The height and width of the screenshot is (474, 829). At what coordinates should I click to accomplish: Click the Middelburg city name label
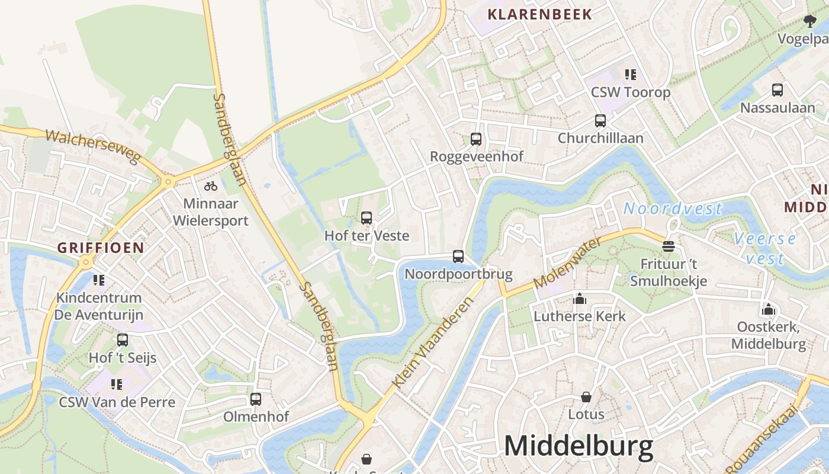pyautogui.click(x=579, y=446)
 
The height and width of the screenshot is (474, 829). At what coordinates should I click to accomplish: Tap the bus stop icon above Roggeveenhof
pyautogui.click(x=475, y=139)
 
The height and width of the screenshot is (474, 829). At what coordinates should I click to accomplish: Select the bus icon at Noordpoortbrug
pyautogui.click(x=458, y=257)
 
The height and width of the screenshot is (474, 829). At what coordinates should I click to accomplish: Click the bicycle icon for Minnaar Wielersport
pyautogui.click(x=211, y=186)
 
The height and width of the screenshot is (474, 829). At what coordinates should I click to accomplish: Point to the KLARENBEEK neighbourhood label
pyautogui.click(x=539, y=14)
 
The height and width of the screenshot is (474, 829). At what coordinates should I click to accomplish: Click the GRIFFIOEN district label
pyautogui.click(x=101, y=248)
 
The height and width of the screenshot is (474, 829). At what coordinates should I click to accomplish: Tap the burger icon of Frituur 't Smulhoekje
pyautogui.click(x=669, y=246)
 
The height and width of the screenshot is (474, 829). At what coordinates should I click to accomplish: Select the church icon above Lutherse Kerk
pyautogui.click(x=579, y=299)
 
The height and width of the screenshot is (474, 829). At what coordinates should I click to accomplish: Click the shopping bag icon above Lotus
pyautogui.click(x=586, y=396)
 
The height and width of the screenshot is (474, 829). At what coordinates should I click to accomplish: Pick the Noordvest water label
pyautogui.click(x=673, y=209)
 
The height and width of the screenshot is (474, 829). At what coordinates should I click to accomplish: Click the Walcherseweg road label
pyautogui.click(x=92, y=146)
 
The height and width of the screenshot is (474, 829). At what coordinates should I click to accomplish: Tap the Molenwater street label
pyautogui.click(x=567, y=262)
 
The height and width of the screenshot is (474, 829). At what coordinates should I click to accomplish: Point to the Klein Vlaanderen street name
pyautogui.click(x=434, y=342)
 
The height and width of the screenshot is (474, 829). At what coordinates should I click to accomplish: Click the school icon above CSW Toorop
pyautogui.click(x=630, y=75)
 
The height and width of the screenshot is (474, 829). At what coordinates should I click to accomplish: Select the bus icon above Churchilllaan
pyautogui.click(x=600, y=121)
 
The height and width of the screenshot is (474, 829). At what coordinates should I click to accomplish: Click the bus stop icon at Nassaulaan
pyautogui.click(x=777, y=90)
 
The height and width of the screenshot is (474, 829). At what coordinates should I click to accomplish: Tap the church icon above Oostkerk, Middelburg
pyautogui.click(x=768, y=309)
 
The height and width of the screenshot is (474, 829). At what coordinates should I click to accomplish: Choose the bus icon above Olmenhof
pyautogui.click(x=256, y=399)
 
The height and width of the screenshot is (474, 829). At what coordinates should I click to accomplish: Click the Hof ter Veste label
pyautogui.click(x=367, y=235)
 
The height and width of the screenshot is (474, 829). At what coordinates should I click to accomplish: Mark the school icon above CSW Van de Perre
pyautogui.click(x=117, y=385)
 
